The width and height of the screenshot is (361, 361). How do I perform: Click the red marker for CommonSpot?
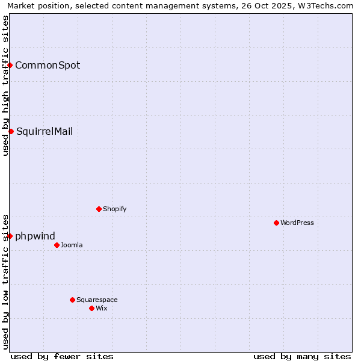pos(10,65)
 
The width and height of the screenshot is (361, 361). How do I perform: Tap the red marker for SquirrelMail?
pos(11,131)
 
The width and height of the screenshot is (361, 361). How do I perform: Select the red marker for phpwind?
pos(10,236)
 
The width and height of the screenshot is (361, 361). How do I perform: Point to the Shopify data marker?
pos(99,209)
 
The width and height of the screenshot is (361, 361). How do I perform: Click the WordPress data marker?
pos(276,223)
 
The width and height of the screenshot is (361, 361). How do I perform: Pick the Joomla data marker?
pos(57,245)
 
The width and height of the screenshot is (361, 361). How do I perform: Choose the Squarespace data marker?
pos(72,300)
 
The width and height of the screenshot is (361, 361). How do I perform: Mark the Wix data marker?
pos(91,308)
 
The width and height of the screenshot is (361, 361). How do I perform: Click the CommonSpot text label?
pos(48,65)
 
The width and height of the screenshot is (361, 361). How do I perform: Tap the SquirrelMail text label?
pos(45,131)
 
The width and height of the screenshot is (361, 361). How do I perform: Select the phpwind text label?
pos(35,236)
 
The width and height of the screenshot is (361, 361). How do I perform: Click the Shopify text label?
pos(114,209)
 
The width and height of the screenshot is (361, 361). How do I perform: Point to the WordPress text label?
pos(297,223)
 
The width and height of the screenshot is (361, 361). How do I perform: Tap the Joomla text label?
pos(72,245)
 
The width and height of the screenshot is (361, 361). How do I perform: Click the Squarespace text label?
pos(97,300)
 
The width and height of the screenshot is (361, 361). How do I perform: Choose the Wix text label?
pos(101,308)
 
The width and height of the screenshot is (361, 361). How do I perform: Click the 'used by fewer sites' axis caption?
pos(62,356)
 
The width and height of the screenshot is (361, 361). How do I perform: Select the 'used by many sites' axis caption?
pos(302,356)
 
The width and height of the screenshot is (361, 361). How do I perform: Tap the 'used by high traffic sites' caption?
pos(5,85)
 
